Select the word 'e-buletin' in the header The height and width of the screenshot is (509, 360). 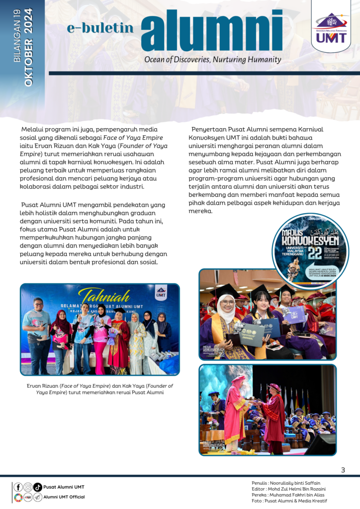pyautogui.click(x=100, y=28)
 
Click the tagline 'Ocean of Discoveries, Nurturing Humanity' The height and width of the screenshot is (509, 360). pyautogui.click(x=212, y=60)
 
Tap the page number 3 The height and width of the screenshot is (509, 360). pyautogui.click(x=343, y=470)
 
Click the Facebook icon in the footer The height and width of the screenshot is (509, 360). pyautogui.click(x=18, y=487)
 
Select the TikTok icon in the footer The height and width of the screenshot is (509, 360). pyautogui.click(x=37, y=487)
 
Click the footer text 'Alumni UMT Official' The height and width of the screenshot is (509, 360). pyautogui.click(x=64, y=497)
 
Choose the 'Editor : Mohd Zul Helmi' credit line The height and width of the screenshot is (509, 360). pyautogui.click(x=289, y=489)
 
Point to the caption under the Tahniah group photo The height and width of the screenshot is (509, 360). pyautogui.click(x=100, y=389)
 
